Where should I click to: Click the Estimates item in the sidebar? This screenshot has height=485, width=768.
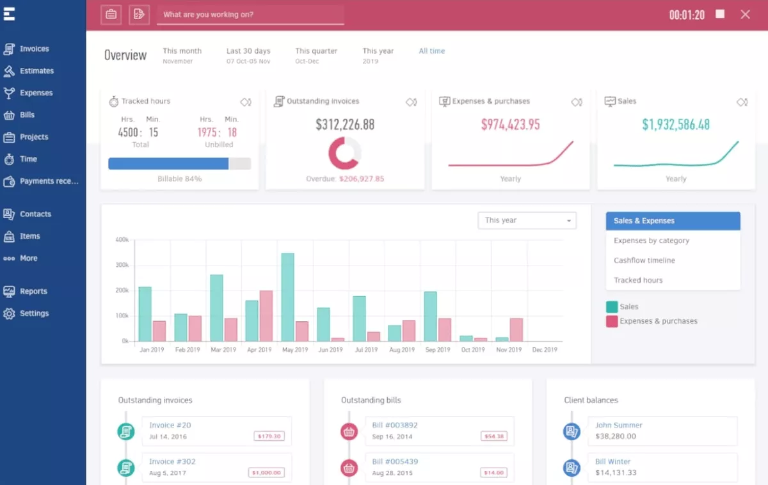pyautogui.click(x=36, y=71)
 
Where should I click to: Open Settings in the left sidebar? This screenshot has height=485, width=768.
pyautogui.click(x=34, y=314)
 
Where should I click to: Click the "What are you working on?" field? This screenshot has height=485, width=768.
pyautogui.click(x=250, y=15)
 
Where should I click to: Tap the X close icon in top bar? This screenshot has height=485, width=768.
pyautogui.click(x=745, y=14)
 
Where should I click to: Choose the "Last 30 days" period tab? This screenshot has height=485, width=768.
pyautogui.click(x=248, y=51)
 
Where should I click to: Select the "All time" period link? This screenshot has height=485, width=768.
pyautogui.click(x=431, y=51)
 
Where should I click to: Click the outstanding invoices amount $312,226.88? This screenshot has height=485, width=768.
pyautogui.click(x=345, y=125)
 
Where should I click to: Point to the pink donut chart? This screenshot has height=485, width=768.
pyautogui.click(x=345, y=154)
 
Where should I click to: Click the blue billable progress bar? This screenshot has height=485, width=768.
pyautogui.click(x=168, y=164)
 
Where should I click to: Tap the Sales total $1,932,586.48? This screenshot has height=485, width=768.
pyautogui.click(x=676, y=125)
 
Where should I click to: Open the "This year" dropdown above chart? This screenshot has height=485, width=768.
pyautogui.click(x=527, y=221)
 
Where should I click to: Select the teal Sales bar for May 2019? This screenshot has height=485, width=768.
pyautogui.click(x=287, y=298)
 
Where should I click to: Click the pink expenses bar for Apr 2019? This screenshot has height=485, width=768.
pyautogui.click(x=266, y=316)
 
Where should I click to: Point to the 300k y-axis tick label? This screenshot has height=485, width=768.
pyautogui.click(x=122, y=265)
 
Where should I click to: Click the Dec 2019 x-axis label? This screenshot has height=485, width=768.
pyautogui.click(x=545, y=350)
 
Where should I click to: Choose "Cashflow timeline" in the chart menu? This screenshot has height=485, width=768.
pyautogui.click(x=644, y=260)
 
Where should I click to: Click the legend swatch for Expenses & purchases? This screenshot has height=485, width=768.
pyautogui.click(x=612, y=321)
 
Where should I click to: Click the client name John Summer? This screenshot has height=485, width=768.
pyautogui.click(x=618, y=425)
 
